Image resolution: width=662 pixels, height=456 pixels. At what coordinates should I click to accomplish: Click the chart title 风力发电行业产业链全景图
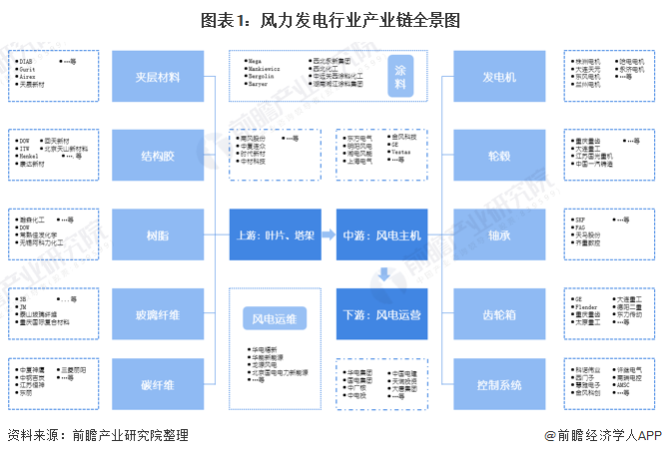tap(331, 19)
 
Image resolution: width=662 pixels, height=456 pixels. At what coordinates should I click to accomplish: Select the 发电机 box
tap(498, 77)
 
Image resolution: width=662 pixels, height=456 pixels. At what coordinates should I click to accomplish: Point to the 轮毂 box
tap(498, 156)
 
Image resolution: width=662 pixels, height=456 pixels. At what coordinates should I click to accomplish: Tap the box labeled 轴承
tap(498, 235)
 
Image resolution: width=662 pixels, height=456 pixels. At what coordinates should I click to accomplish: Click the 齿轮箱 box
tap(498, 314)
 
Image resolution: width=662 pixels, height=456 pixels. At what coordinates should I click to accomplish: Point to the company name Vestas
tap(401, 152)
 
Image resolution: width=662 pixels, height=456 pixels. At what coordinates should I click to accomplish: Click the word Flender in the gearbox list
tap(587, 305)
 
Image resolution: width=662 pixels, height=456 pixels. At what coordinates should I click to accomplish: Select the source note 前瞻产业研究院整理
tap(125, 436)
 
